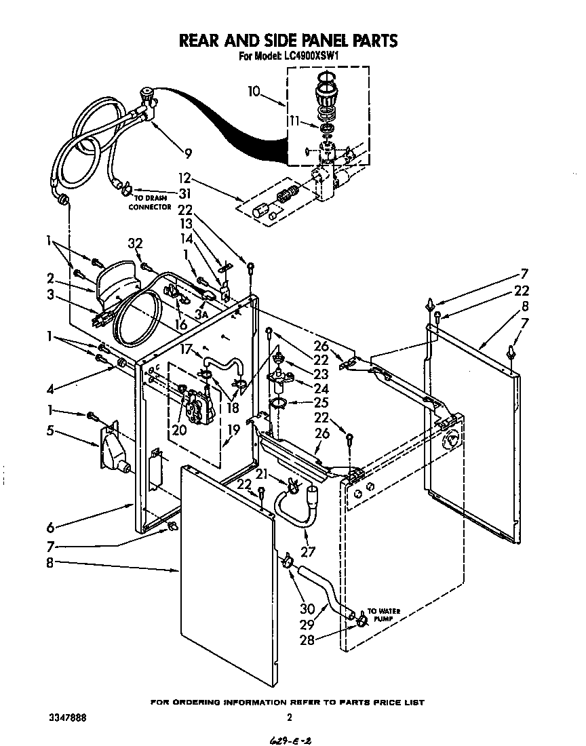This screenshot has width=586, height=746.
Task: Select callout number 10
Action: pyautogui.click(x=253, y=90)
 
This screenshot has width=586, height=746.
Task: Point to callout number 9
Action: pyautogui.click(x=188, y=153)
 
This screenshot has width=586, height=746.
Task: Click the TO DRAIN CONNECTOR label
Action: pyautogui.click(x=150, y=202)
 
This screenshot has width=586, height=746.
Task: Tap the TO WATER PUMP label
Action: pyautogui.click(x=383, y=615)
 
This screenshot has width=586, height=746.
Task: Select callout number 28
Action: pyautogui.click(x=307, y=640)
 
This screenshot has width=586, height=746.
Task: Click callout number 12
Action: pyautogui.click(x=185, y=178)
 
